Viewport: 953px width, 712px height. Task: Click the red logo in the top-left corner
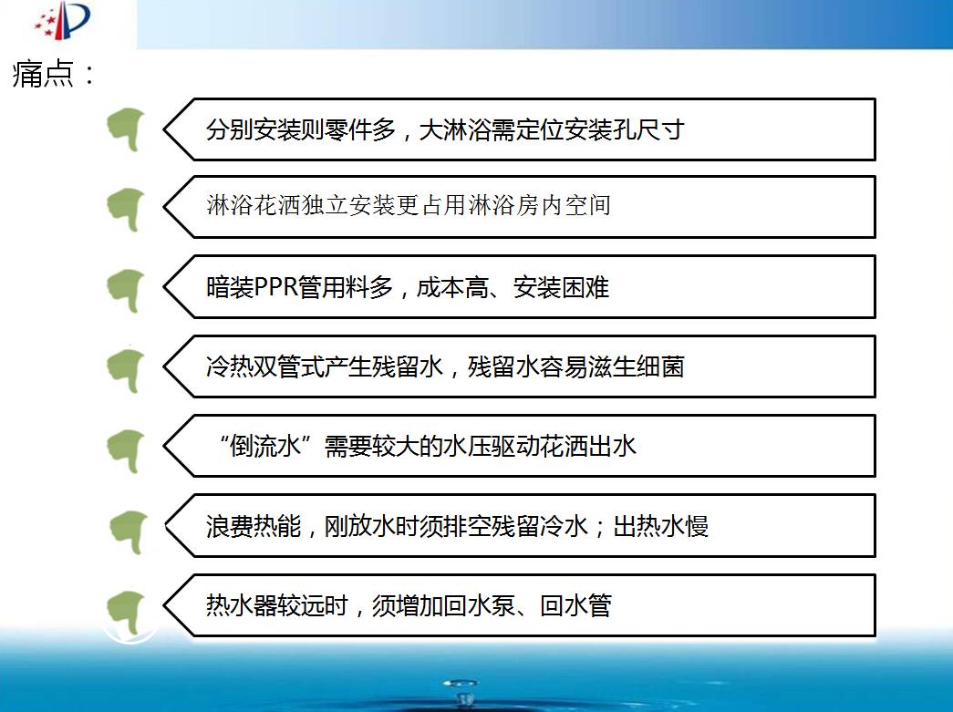point(63,20)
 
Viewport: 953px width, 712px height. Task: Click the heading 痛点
point(43,74)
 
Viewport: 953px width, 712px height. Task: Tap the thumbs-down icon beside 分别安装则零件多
point(126,129)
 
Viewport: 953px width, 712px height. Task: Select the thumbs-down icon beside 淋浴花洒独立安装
point(126,210)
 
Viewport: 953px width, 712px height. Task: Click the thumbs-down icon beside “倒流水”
point(126,450)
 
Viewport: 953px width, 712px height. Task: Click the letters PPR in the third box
point(276,287)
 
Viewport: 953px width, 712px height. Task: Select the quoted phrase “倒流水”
point(266,446)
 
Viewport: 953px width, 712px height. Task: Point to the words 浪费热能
point(254,526)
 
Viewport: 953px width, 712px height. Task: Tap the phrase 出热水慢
point(660,526)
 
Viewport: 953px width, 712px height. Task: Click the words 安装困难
point(561,287)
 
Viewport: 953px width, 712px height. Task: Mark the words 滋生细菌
point(637,366)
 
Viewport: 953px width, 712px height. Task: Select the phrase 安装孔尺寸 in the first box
point(625,129)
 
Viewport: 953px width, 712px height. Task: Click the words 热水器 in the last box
point(242,605)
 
